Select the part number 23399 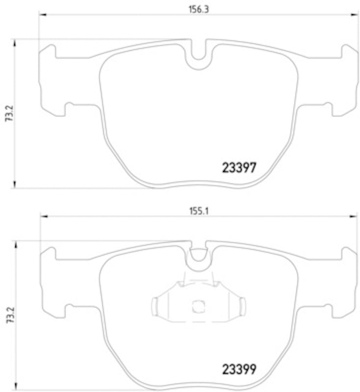coord(239,368)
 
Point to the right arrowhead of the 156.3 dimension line coord(356,15)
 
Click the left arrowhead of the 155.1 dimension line coord(43,216)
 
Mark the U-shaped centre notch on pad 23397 coord(199,59)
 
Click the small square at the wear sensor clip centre coord(199,306)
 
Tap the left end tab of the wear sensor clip coord(155,306)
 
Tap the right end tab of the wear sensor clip coord(242,306)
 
